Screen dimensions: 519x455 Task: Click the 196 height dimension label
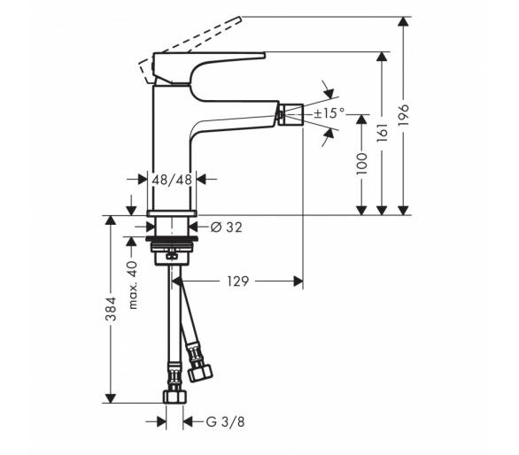(x=404, y=115)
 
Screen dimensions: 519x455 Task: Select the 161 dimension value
(x=383, y=133)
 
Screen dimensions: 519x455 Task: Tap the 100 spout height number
(x=361, y=164)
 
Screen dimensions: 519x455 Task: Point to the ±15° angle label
(x=329, y=113)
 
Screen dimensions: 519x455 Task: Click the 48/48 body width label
(x=172, y=180)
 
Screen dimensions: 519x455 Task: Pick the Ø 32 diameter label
(x=227, y=227)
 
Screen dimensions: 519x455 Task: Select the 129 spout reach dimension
(x=237, y=281)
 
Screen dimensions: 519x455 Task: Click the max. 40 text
(x=132, y=285)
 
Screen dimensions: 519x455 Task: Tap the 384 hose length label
(x=111, y=309)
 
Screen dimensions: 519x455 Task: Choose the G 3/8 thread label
(x=225, y=422)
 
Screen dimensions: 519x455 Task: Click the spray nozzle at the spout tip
(x=291, y=114)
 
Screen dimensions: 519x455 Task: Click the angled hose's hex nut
(x=200, y=373)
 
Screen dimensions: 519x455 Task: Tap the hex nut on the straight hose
(x=174, y=397)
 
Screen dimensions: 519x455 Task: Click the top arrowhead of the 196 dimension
(x=403, y=21)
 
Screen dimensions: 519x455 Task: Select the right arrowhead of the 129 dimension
(x=298, y=281)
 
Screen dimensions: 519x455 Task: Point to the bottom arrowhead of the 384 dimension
(x=111, y=398)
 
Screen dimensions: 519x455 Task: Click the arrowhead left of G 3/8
(x=161, y=422)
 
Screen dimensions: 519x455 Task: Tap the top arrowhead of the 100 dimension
(x=361, y=120)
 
